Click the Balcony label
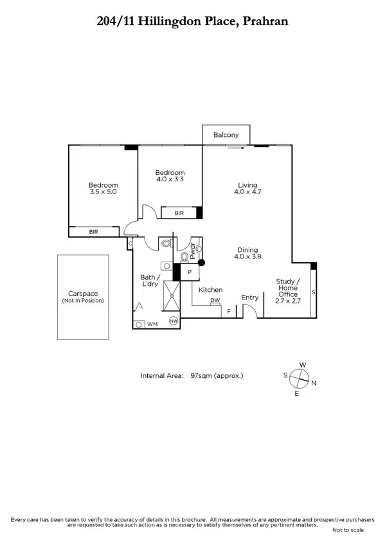tap(226, 135)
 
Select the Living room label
tap(247, 187)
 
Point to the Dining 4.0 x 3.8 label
tap(247, 253)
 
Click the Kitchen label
tap(210, 290)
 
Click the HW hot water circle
tap(173, 321)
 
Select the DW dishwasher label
tap(215, 301)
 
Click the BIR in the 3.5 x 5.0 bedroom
tap(94, 231)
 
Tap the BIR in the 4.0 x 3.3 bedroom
tap(179, 213)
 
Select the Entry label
tap(249, 298)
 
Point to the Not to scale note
tap(348, 530)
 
